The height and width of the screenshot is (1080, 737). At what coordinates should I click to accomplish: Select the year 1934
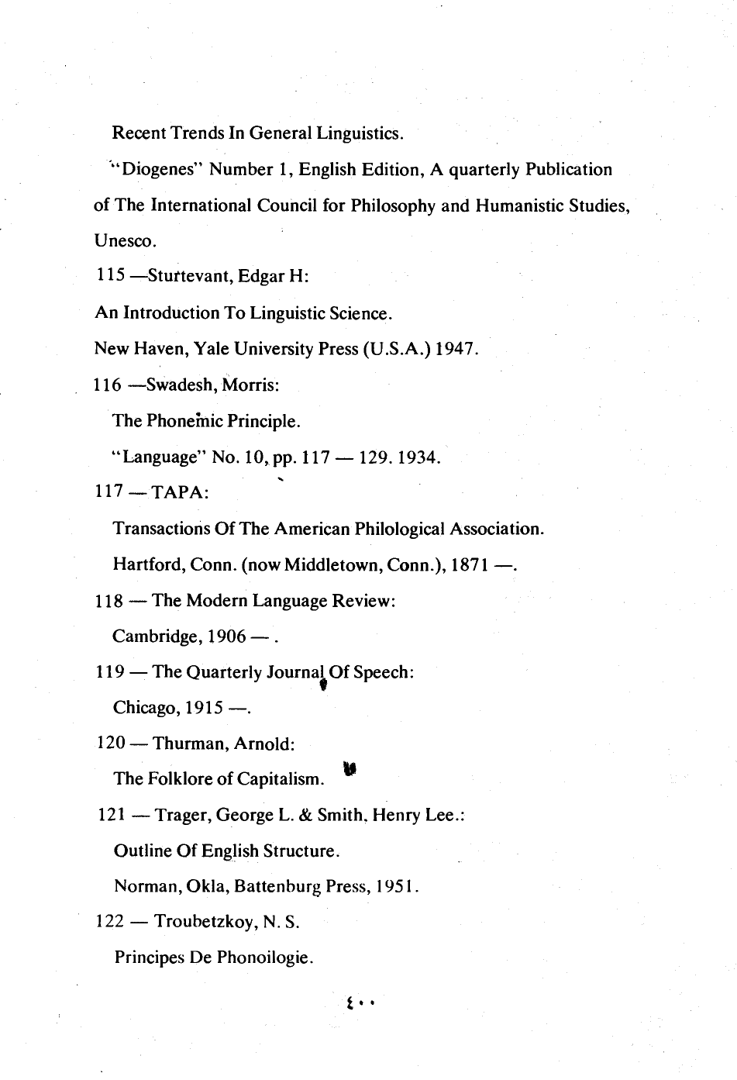pos(418,457)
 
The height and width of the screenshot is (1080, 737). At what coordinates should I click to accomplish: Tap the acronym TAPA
pos(180,493)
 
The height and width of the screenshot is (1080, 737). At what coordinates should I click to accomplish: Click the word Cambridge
pos(155,637)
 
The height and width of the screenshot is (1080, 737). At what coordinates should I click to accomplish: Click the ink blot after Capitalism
pos(350,770)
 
